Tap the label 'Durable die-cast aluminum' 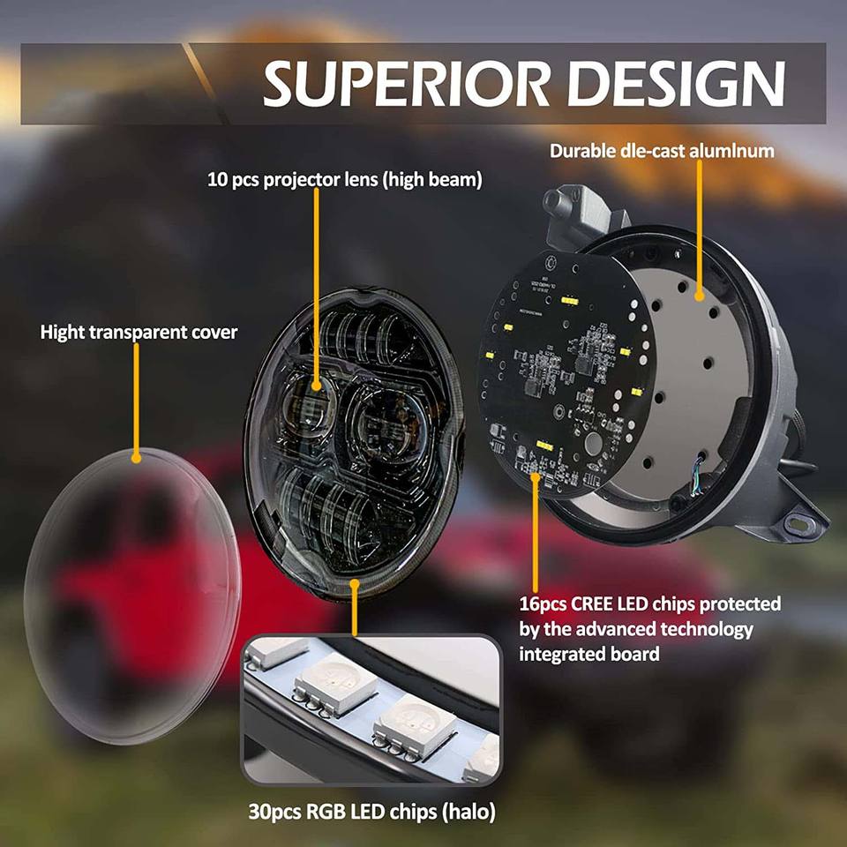(662, 150)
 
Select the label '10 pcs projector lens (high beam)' (345, 180)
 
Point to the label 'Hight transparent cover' (139, 333)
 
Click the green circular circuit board (565, 371)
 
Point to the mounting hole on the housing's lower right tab (802, 525)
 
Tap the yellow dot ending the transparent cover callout (136, 457)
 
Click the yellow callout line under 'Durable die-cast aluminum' (699, 229)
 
